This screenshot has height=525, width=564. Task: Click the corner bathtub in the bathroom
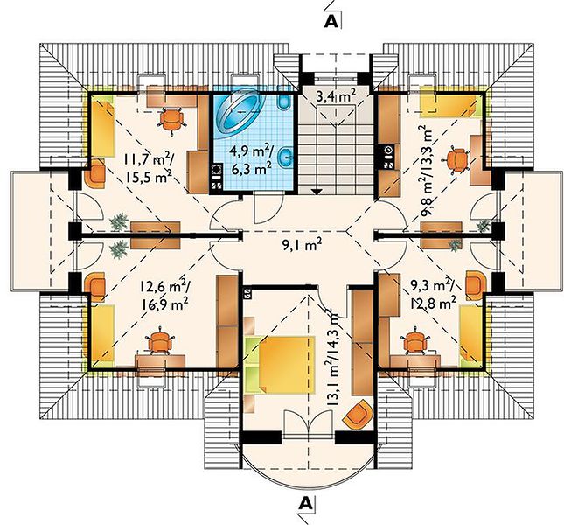pos(237,114)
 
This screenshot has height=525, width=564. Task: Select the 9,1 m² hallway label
pos(302,247)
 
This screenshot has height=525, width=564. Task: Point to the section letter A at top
pos(331,22)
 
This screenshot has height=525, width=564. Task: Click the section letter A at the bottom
pos(305,503)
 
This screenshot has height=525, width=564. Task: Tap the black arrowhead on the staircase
pos(317,192)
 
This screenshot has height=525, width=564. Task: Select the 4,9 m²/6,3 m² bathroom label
pos(251,160)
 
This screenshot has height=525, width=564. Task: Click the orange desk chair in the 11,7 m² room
pos(172,120)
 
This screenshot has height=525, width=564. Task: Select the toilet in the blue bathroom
pos(284,102)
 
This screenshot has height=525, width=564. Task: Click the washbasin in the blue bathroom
pos(287,156)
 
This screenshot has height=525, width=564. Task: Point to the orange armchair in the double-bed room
pos(358,416)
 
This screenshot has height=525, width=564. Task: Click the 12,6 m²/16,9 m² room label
pos(166,296)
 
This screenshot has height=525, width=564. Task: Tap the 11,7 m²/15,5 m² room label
pos(149,168)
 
